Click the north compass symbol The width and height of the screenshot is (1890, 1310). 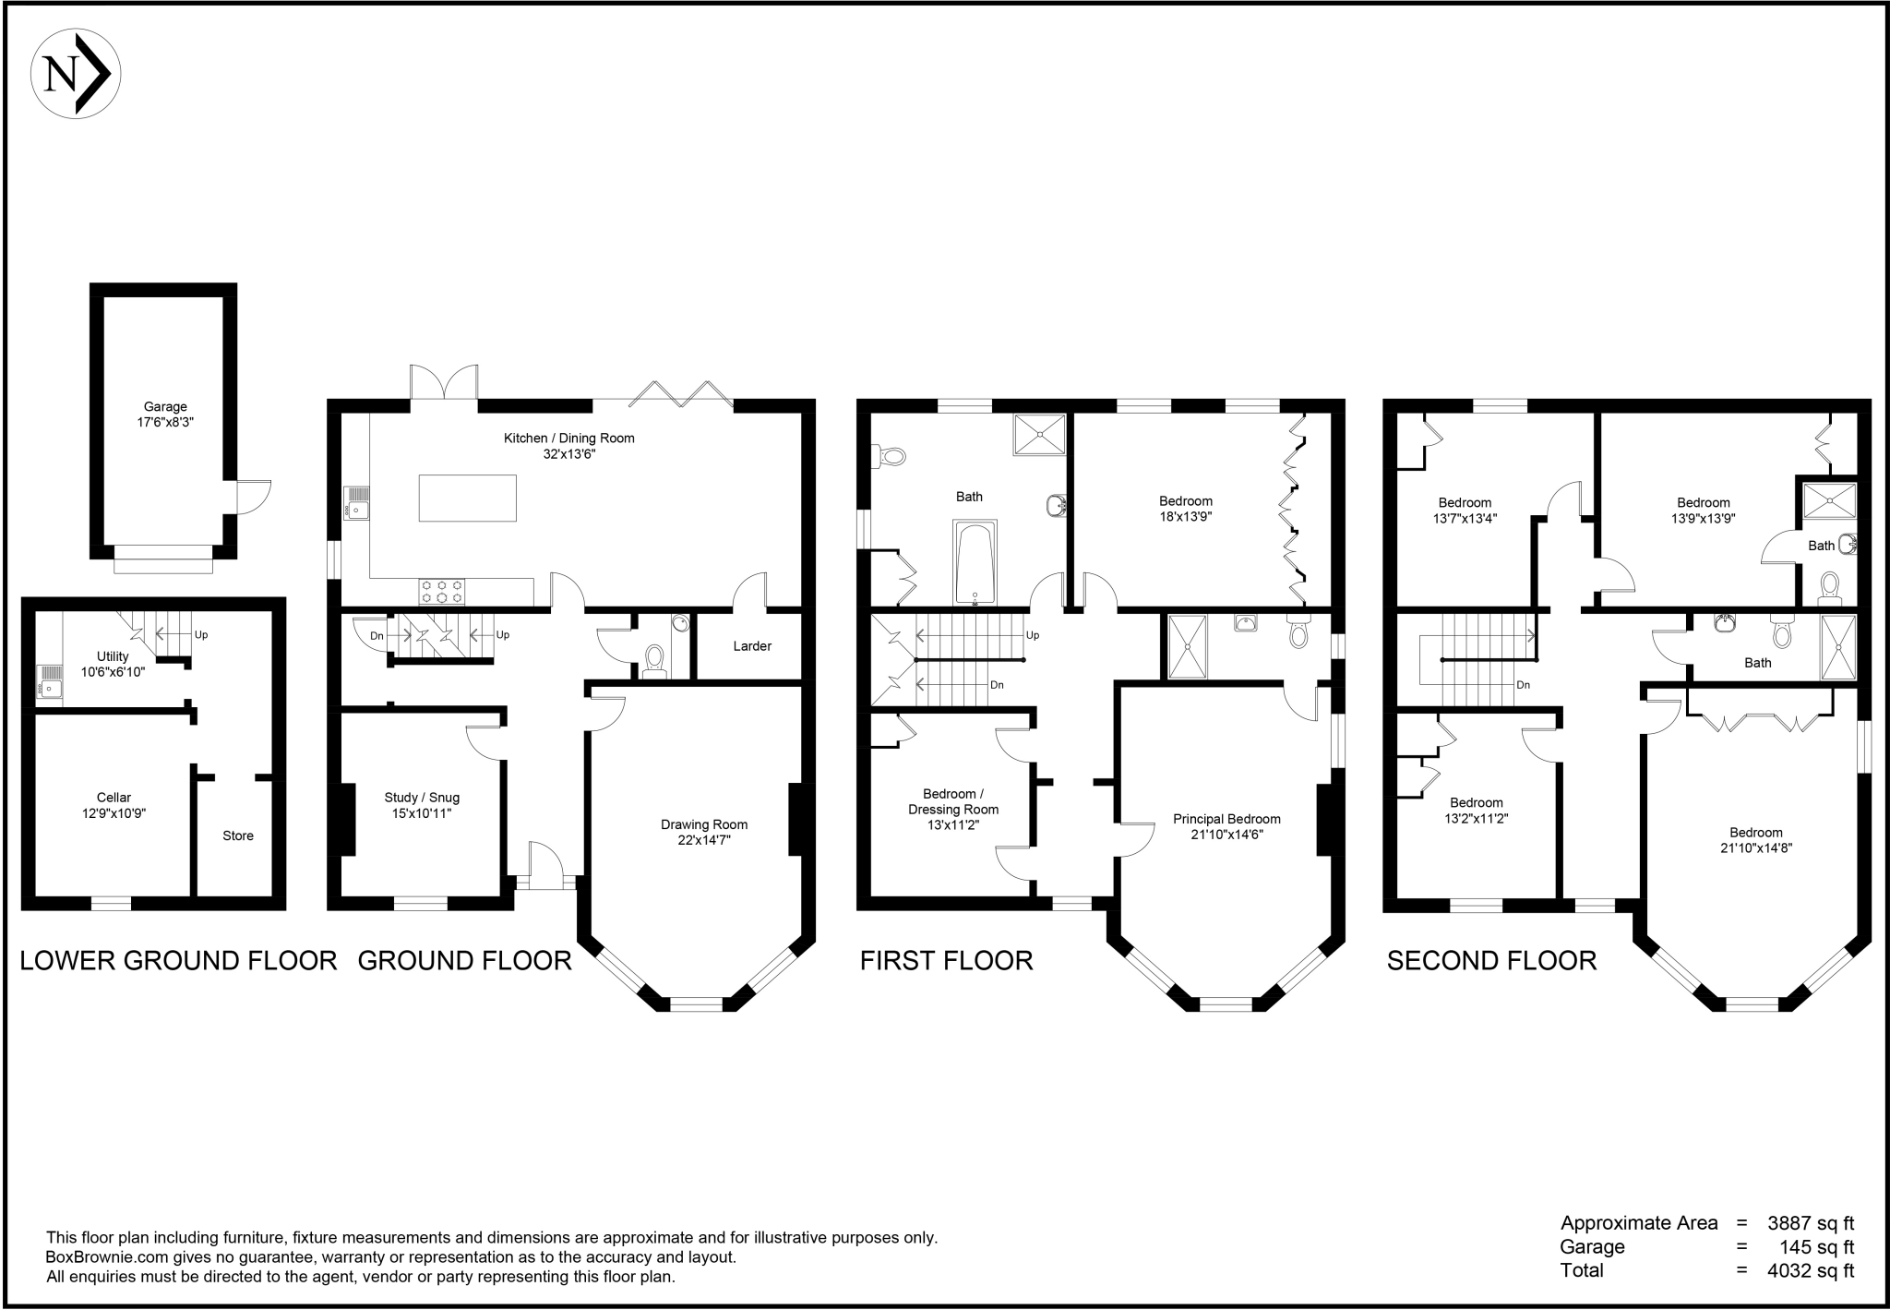point(76,74)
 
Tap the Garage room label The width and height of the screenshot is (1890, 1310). point(165,406)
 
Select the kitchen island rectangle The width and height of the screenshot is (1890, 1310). point(467,498)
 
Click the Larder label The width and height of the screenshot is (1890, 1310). point(752,646)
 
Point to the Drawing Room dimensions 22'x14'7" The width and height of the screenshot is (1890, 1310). point(704,840)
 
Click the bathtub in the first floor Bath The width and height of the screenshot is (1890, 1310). point(975,563)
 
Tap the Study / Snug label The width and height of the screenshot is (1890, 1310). point(422,798)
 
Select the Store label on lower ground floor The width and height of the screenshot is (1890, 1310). point(238,835)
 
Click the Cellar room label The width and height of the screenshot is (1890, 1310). point(114,798)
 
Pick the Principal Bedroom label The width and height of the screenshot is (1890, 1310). point(1226,819)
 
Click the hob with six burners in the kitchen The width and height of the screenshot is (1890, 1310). point(442,591)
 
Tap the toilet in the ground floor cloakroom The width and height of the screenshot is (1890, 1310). point(654,661)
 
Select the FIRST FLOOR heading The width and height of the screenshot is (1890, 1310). point(946,961)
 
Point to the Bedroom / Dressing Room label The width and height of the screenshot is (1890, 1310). point(953,801)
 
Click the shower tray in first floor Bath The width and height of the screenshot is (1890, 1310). point(1039,435)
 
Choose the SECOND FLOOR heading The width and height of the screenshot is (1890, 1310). point(1491,961)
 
